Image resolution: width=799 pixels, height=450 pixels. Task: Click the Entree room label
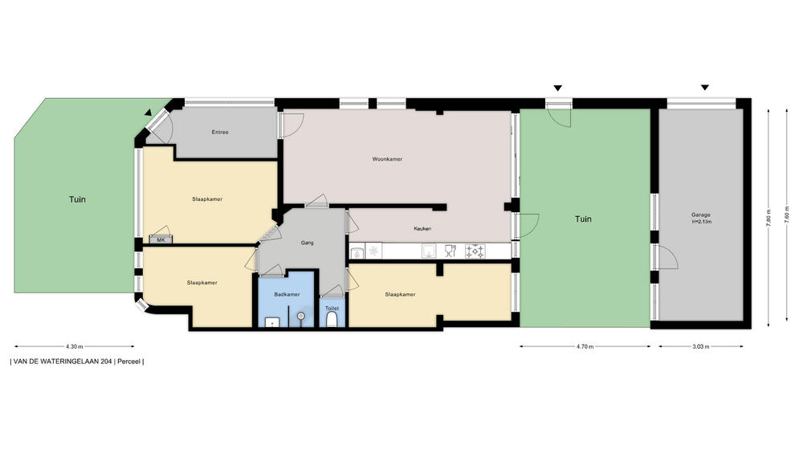(x=220, y=132)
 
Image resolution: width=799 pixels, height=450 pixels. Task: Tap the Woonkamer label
(x=387, y=159)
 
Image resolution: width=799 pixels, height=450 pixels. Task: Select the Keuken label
(x=422, y=228)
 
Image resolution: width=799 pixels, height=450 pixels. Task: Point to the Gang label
(x=308, y=243)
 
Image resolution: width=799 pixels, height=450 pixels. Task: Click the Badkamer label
(x=287, y=294)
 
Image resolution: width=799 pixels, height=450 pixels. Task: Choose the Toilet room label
(x=332, y=309)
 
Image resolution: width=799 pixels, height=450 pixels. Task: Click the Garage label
(x=701, y=215)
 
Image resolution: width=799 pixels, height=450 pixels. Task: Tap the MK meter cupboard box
(x=161, y=239)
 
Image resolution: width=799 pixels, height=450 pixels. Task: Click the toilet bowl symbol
(x=332, y=320)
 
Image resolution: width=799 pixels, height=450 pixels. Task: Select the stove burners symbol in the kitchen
(x=475, y=251)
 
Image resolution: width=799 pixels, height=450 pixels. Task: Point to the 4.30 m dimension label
(x=75, y=346)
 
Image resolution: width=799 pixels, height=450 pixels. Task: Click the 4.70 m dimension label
(x=585, y=346)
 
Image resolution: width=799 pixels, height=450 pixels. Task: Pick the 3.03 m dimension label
(x=701, y=346)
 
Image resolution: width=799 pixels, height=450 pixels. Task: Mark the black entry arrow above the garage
(x=705, y=88)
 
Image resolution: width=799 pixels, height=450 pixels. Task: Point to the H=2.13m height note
(x=701, y=222)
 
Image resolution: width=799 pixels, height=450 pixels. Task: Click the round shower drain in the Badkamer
(x=301, y=317)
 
